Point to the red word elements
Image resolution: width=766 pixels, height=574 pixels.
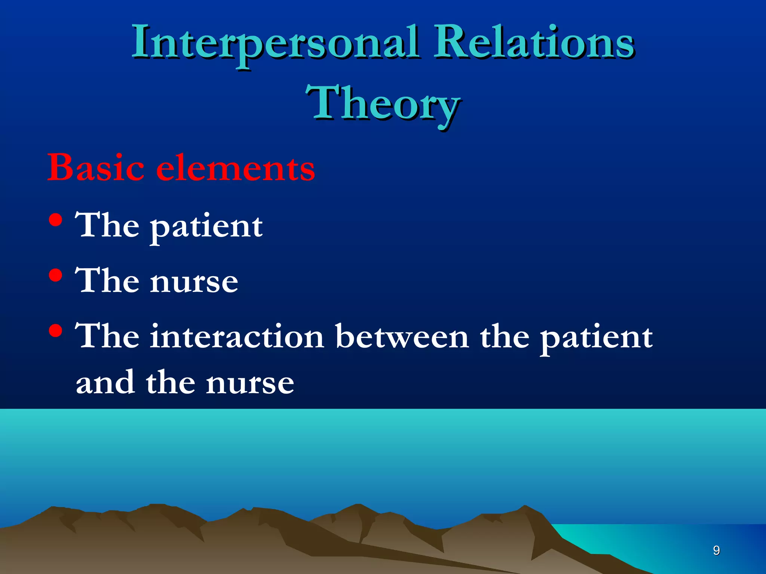coord(235,168)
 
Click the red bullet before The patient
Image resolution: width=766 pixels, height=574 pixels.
coord(55,220)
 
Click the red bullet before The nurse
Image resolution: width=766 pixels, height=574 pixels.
coord(55,276)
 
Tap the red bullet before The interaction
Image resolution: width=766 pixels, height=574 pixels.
coord(55,331)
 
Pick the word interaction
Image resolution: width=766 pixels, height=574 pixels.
coord(237,336)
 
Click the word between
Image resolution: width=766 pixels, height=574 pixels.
coord(402,336)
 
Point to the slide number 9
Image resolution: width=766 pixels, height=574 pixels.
coord(716,550)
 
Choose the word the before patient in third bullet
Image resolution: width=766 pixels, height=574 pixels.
coord(505,336)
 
